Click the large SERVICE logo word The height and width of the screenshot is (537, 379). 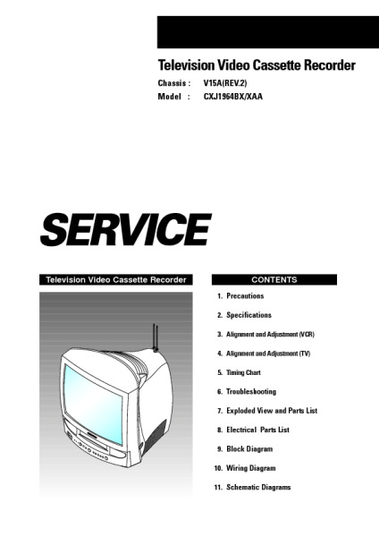pyautogui.click(x=125, y=229)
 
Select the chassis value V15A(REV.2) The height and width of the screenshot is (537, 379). pyautogui.click(x=225, y=83)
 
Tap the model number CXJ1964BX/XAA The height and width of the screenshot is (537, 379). pyautogui.click(x=233, y=97)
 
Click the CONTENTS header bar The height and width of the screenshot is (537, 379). pyautogui.click(x=274, y=279)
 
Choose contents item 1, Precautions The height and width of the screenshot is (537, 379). pyautogui.click(x=245, y=296)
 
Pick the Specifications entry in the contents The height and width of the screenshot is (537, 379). pyautogui.click(x=248, y=315)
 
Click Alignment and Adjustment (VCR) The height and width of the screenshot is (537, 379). pyautogui.click(x=270, y=334)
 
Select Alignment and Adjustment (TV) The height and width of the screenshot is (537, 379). pyautogui.click(x=268, y=354)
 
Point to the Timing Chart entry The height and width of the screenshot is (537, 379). pyautogui.click(x=243, y=372)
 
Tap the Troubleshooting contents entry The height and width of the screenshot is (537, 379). pyautogui.click(x=251, y=391)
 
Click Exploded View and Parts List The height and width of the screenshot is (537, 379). pyautogui.click(x=272, y=411)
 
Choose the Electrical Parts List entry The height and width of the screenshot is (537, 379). pyautogui.click(x=258, y=430)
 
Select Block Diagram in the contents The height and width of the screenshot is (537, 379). pyautogui.click(x=249, y=449)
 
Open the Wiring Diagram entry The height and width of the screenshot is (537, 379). pyautogui.click(x=250, y=468)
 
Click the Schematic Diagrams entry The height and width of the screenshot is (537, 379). pyautogui.click(x=258, y=487)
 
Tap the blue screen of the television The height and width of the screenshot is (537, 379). pyautogui.click(x=93, y=405)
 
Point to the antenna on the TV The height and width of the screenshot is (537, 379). pyautogui.click(x=156, y=338)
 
